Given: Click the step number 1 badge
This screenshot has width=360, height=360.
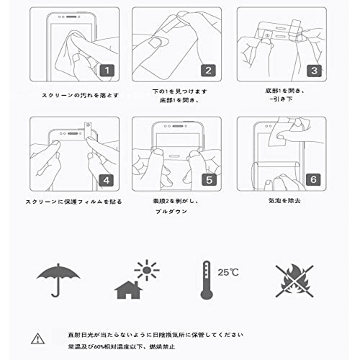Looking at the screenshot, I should [x=107, y=70].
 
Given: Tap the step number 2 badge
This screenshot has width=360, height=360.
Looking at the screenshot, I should [x=208, y=70].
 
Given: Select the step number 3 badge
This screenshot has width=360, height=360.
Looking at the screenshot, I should [x=314, y=70].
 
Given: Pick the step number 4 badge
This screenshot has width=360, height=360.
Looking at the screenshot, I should [x=107, y=180].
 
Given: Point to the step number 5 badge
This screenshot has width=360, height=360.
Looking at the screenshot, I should [x=209, y=180].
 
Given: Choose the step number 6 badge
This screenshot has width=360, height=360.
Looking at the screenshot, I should [x=313, y=179].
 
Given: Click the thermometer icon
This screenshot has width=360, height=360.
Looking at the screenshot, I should [x=206, y=280].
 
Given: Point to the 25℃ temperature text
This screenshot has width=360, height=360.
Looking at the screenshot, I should [x=228, y=272].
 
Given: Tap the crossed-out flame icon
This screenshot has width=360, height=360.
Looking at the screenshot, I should [x=294, y=281].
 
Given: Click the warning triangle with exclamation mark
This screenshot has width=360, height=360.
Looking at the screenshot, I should [x=38, y=339].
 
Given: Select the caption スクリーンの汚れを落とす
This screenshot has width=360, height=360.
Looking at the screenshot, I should [x=80, y=95].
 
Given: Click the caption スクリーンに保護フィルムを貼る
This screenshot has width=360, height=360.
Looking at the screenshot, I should [x=74, y=202].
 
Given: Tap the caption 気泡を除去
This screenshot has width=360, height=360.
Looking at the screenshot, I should [x=284, y=201].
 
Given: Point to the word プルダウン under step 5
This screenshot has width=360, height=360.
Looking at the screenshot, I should [x=172, y=211].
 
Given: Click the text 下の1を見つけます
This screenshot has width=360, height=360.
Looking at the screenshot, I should [x=180, y=91].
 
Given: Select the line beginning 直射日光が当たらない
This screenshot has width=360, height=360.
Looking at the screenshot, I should [x=156, y=335].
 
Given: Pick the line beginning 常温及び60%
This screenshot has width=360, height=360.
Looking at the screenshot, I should [x=121, y=347].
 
